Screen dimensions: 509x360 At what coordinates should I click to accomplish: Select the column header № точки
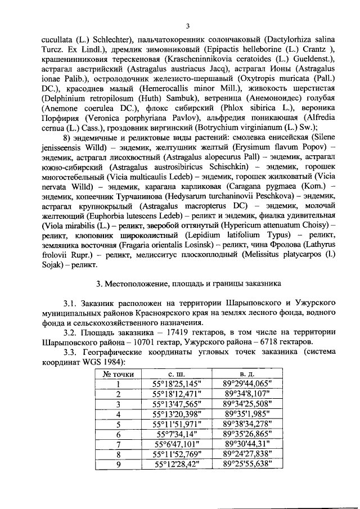point(119,373)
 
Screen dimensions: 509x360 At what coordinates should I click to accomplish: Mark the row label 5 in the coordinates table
point(119,424)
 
